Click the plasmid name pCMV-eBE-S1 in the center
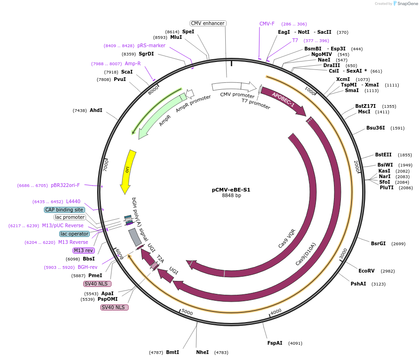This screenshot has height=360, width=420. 231,190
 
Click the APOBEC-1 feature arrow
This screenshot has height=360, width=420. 283,99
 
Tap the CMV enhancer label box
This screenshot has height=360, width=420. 208,23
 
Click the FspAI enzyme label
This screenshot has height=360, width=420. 275,343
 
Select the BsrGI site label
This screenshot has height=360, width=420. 378,243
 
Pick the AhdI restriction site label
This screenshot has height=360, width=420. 96,110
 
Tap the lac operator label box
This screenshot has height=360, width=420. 74,234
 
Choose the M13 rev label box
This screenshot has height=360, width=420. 83,250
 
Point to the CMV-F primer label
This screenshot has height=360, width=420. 267,24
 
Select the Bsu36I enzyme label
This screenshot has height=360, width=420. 376,128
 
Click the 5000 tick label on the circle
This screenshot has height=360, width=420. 187,312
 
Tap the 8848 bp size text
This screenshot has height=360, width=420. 231,195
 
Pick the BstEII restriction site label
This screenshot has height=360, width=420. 383,155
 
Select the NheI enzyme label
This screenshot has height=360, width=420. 203,352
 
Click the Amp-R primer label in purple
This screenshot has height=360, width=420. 133,63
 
